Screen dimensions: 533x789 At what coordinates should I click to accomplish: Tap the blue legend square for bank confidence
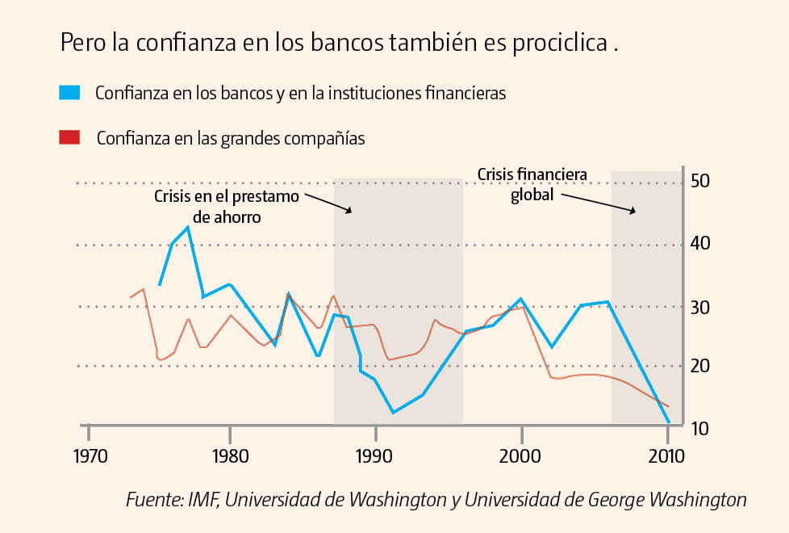[x=70, y=92]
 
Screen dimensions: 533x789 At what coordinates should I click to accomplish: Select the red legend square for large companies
[x=70, y=137]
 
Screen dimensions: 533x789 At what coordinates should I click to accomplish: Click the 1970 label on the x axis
[x=89, y=456]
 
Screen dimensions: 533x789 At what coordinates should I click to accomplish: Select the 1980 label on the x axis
[x=230, y=456]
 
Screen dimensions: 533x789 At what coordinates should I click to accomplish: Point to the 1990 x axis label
[x=375, y=456]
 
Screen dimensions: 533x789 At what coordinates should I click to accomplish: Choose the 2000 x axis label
[x=521, y=456]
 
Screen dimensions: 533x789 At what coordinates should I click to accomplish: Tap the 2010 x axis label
[x=666, y=456]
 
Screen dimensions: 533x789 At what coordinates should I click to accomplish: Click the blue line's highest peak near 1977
[x=188, y=228]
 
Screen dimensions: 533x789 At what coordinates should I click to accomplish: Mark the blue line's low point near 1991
[x=393, y=413]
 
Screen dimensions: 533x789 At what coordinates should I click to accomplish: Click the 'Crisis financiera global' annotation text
[x=532, y=185]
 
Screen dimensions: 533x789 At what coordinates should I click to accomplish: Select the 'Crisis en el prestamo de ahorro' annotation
[x=227, y=207]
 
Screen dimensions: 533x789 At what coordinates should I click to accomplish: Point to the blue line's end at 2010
[x=669, y=422]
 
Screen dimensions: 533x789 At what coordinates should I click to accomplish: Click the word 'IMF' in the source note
[x=201, y=500]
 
